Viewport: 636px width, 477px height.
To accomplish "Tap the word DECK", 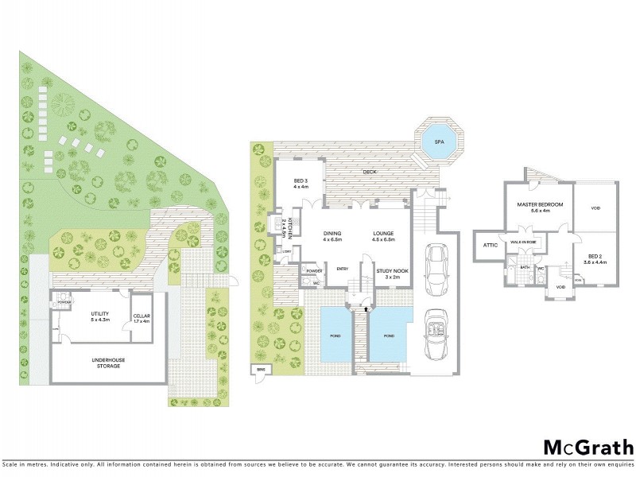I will coord(369,171).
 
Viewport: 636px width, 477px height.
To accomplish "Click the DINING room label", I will coord(332,233).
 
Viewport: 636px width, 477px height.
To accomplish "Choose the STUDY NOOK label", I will coord(391,270).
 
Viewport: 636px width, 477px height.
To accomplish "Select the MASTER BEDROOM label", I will coord(540,204).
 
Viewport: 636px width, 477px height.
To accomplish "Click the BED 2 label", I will coord(595,255).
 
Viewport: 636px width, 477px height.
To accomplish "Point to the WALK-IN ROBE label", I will coord(523,242).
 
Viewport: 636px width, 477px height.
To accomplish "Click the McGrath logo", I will coord(588,447).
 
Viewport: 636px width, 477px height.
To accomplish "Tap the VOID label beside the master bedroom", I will coord(595,209).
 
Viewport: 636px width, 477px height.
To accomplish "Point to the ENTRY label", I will coord(343,269).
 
